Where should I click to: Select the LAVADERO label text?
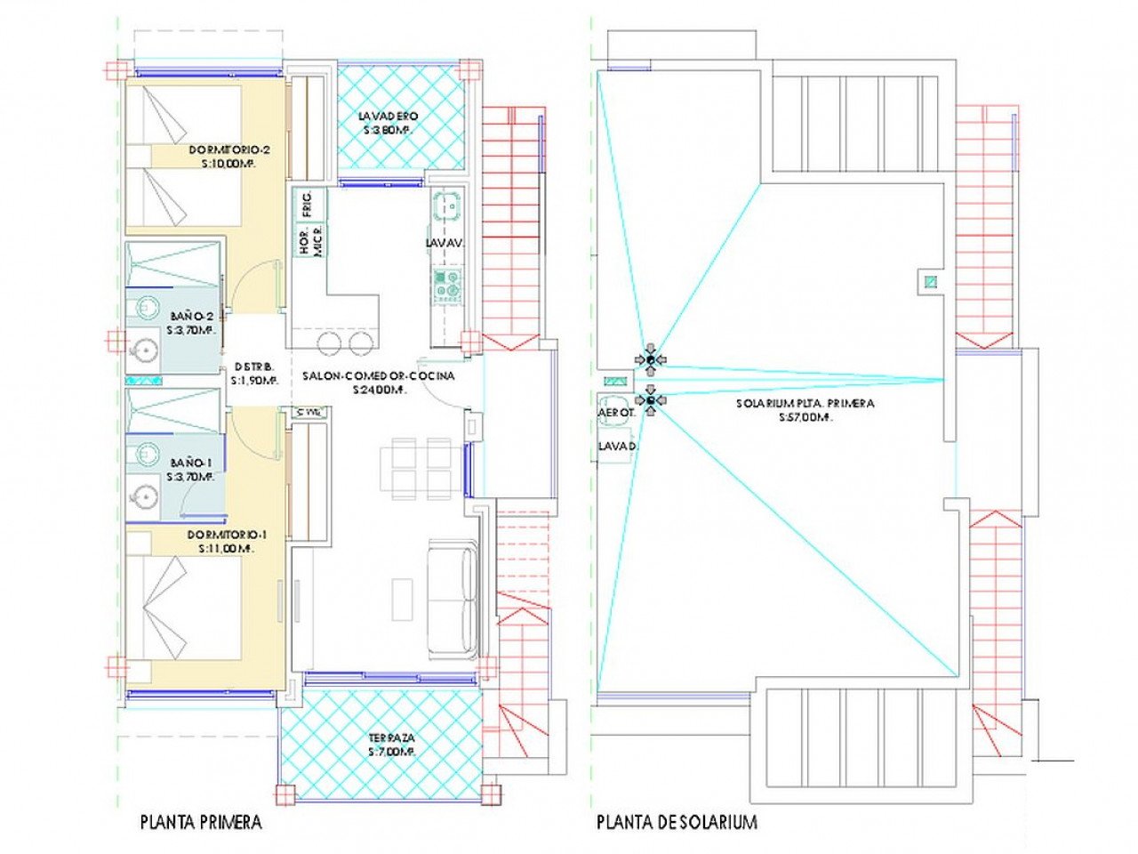click(388, 117)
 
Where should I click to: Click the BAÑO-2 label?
click(191, 316)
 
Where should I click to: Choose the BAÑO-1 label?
click(191, 463)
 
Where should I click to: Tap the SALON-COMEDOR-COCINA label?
click(379, 376)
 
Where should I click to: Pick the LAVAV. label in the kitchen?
click(445, 243)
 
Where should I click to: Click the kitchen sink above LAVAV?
click(448, 206)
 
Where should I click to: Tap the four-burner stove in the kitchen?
click(447, 284)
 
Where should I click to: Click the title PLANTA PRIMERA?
click(201, 822)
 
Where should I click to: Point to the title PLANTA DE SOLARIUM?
click(677, 822)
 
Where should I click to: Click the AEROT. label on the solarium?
click(616, 413)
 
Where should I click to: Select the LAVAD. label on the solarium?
click(616, 445)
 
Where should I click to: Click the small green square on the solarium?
click(930, 283)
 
